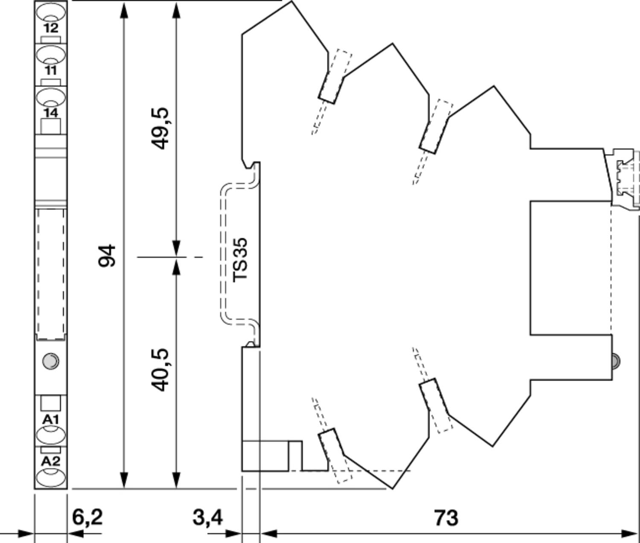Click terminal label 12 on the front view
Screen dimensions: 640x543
[x=51, y=28]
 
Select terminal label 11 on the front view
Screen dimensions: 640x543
[x=51, y=70]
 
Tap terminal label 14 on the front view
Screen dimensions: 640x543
[x=51, y=113]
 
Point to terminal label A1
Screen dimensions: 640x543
[x=50, y=420]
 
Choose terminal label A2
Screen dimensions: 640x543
[x=50, y=461]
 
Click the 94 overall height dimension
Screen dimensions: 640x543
[x=107, y=256]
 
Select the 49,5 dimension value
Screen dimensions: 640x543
[x=160, y=128]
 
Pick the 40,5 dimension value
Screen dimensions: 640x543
[x=160, y=370]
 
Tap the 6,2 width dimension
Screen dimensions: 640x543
[x=87, y=517]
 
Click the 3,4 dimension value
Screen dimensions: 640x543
[x=207, y=517]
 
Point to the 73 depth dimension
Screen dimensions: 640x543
[x=446, y=517]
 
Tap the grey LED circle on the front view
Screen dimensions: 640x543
[x=50, y=361]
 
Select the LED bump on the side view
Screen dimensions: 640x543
[x=616, y=361]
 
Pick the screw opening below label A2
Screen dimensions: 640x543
[x=51, y=477]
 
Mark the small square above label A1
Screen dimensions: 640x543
[x=51, y=403]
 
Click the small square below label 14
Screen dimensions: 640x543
[x=51, y=126]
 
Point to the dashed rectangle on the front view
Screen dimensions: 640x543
[x=51, y=274]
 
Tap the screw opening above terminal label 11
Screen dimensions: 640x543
[x=51, y=55]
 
